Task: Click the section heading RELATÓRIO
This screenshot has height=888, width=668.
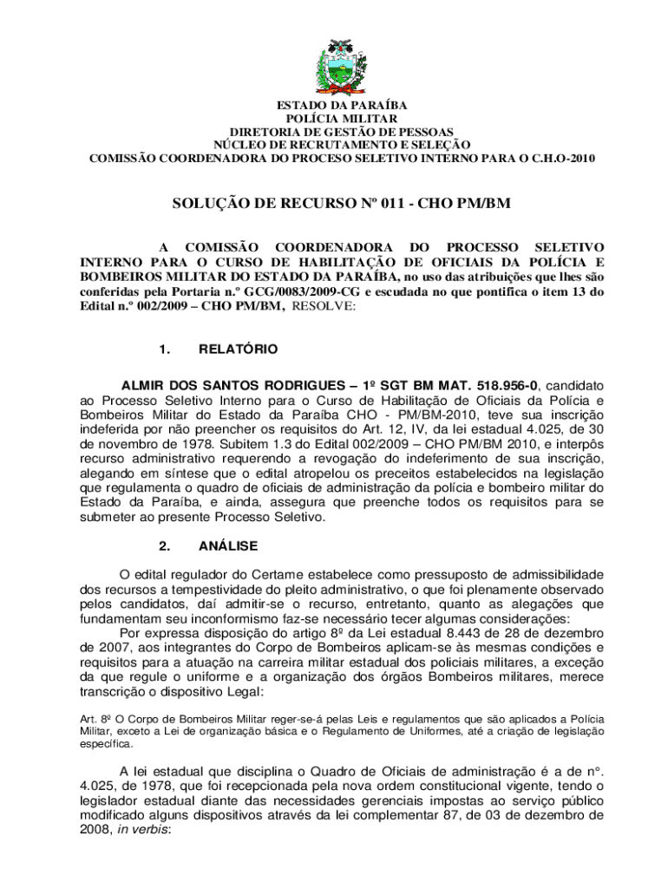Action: (x=239, y=349)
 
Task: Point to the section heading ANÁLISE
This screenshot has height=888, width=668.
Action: (x=228, y=546)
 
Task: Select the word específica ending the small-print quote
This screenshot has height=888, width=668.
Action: (x=107, y=744)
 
